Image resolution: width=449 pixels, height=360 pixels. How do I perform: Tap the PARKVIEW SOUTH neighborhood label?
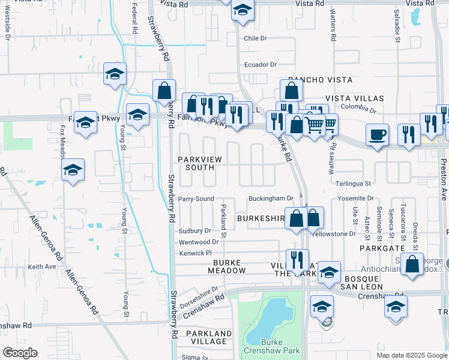point(199,164)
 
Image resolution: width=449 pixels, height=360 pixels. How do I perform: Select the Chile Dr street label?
point(255,38)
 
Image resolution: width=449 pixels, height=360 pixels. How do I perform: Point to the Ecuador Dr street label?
point(259,65)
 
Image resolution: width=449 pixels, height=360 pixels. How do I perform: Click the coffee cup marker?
point(377,134)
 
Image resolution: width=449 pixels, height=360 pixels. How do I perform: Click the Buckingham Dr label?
point(271,198)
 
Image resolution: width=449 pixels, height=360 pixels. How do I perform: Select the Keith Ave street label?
point(41,266)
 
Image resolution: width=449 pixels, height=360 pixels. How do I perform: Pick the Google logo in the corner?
point(20,353)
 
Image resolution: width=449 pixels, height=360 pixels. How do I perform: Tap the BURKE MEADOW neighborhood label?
point(227,267)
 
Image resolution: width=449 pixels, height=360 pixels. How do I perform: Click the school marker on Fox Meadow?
point(73,169)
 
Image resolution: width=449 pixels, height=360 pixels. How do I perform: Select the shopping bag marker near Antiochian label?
point(412,264)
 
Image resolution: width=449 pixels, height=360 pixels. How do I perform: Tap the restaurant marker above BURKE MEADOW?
point(297,260)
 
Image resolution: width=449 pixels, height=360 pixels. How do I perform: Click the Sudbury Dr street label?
point(195,230)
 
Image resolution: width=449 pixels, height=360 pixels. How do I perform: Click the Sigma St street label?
point(194,356)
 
